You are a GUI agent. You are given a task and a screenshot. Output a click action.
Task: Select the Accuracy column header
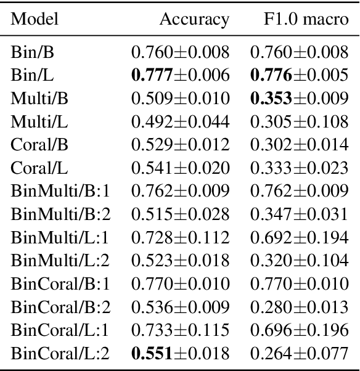click(194, 19)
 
